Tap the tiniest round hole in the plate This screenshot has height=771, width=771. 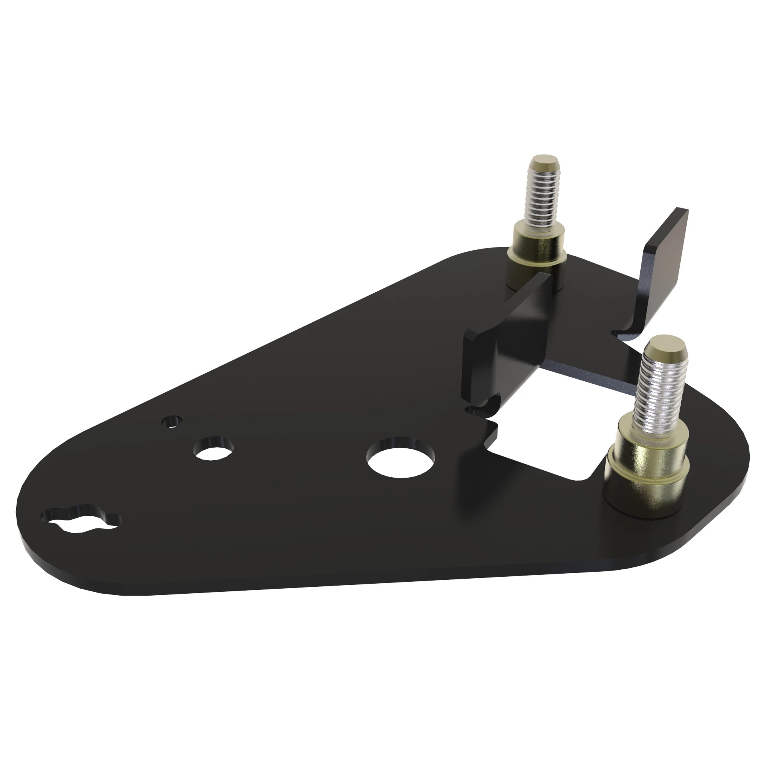pyautogui.click(x=172, y=422)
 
